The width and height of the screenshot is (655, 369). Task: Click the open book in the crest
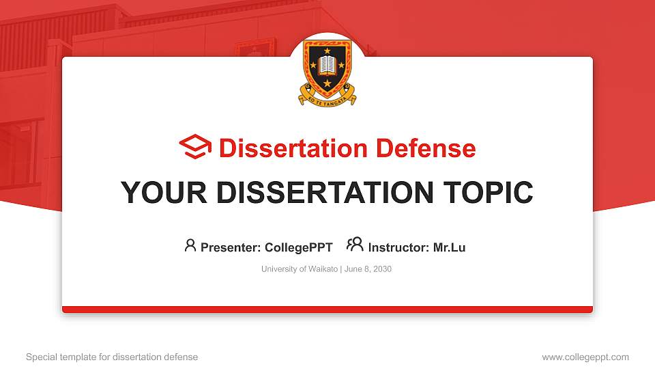327,66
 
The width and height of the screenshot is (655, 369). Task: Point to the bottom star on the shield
327,83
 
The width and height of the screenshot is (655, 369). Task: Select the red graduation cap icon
196,147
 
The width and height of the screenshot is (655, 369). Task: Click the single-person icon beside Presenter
190,245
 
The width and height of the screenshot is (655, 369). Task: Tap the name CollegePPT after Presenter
298,247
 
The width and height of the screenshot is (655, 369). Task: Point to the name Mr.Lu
449,247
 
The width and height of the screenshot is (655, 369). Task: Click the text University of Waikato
299,269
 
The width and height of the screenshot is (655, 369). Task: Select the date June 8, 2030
369,269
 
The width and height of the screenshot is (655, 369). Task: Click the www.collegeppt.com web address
585,357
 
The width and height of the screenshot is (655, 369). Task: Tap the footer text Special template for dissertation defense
111,357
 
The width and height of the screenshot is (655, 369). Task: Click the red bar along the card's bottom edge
327,310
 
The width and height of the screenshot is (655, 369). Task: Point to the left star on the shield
314,66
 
